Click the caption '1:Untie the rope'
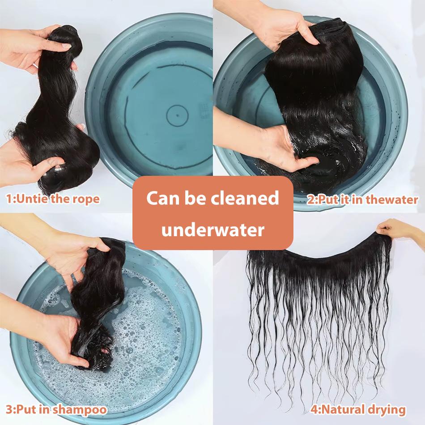pyautogui.click(x=53, y=199)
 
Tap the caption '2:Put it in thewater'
pyautogui.click(x=362, y=200)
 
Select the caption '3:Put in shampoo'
pyautogui.click(x=56, y=409)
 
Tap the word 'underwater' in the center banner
pyautogui.click(x=212, y=230)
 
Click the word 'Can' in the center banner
pyautogui.click(x=161, y=198)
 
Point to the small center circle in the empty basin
pyautogui.click(x=177, y=115)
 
